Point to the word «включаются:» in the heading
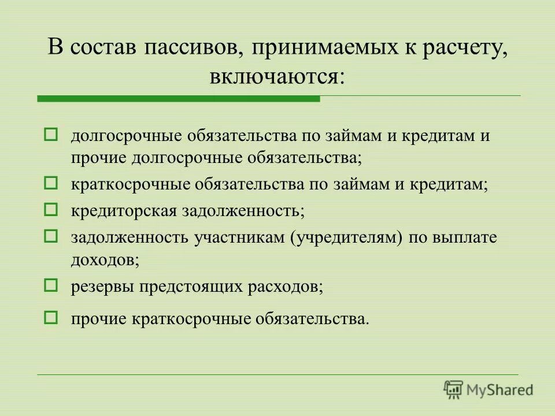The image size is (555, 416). coord(277,76)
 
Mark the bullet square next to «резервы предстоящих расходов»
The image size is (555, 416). coord(51,284)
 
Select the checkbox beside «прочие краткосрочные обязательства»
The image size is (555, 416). coord(51,317)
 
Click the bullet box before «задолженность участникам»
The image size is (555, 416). coord(51,235)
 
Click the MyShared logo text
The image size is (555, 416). coord(500,390)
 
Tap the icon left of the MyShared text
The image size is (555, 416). coord(454,390)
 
